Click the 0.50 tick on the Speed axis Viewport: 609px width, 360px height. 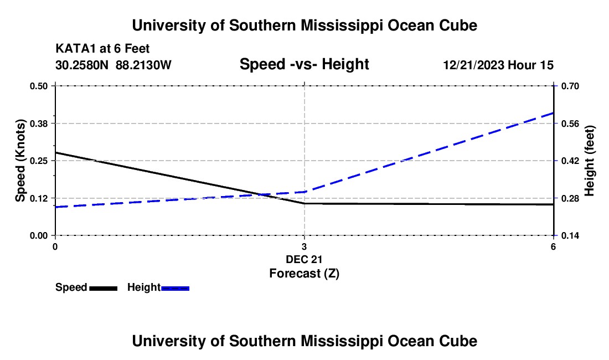pos(39,86)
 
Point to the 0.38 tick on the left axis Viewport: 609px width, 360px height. pos(39,123)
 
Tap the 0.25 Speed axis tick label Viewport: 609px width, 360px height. pos(39,161)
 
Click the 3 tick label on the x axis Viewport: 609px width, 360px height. pos(304,246)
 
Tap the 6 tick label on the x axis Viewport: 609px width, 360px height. pos(553,246)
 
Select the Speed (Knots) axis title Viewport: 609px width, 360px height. pos(20,161)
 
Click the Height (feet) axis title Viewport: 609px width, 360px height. pos(590,161)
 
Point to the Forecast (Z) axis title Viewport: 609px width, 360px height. pos(304,273)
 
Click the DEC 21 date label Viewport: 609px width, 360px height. pos(304,259)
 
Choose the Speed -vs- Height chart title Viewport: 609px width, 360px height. pos(304,65)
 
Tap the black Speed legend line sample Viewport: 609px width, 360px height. pos(104,288)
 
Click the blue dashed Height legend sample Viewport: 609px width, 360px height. pos(176,288)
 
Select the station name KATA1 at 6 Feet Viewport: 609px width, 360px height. pos(102,49)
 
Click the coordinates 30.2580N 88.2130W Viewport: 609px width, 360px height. pos(113,65)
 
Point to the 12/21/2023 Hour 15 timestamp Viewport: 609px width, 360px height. pos(498,65)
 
